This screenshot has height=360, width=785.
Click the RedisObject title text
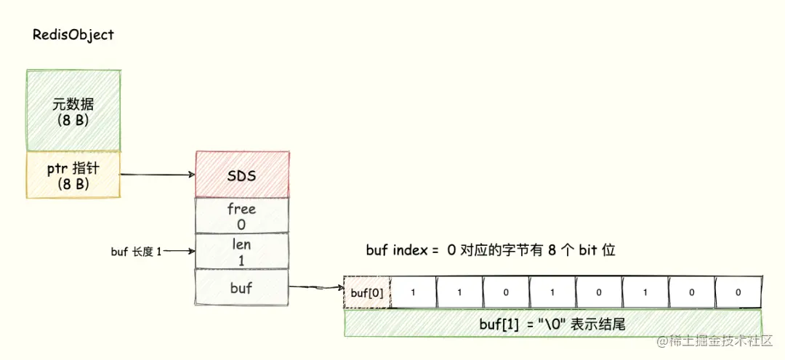pos(73,35)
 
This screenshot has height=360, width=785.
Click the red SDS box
pos(242,175)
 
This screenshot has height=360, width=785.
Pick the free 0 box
pos(242,216)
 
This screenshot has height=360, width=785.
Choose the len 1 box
pos(242,251)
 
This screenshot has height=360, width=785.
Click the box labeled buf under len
pos(242,287)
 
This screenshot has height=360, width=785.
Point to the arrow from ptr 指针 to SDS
pos(156,175)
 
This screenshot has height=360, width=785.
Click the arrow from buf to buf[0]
pos(316,289)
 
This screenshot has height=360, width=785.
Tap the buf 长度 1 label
pos(136,251)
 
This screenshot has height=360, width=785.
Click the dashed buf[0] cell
pos(367,292)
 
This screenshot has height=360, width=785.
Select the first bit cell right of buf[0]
pos(414,292)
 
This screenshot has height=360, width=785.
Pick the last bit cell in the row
pos(738,292)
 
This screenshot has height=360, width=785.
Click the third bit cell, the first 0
pos(507,292)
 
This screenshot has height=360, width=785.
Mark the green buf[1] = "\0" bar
pos(552,324)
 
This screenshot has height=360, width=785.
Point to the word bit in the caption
pos(588,251)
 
